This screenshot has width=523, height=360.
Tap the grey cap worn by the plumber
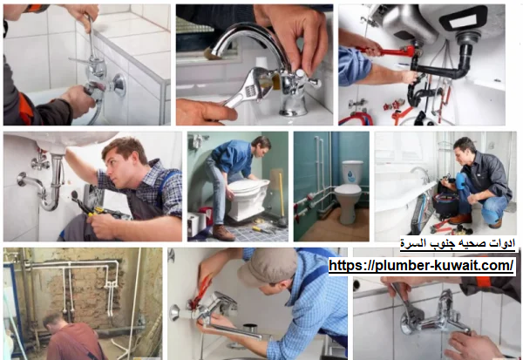(267, 266)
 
